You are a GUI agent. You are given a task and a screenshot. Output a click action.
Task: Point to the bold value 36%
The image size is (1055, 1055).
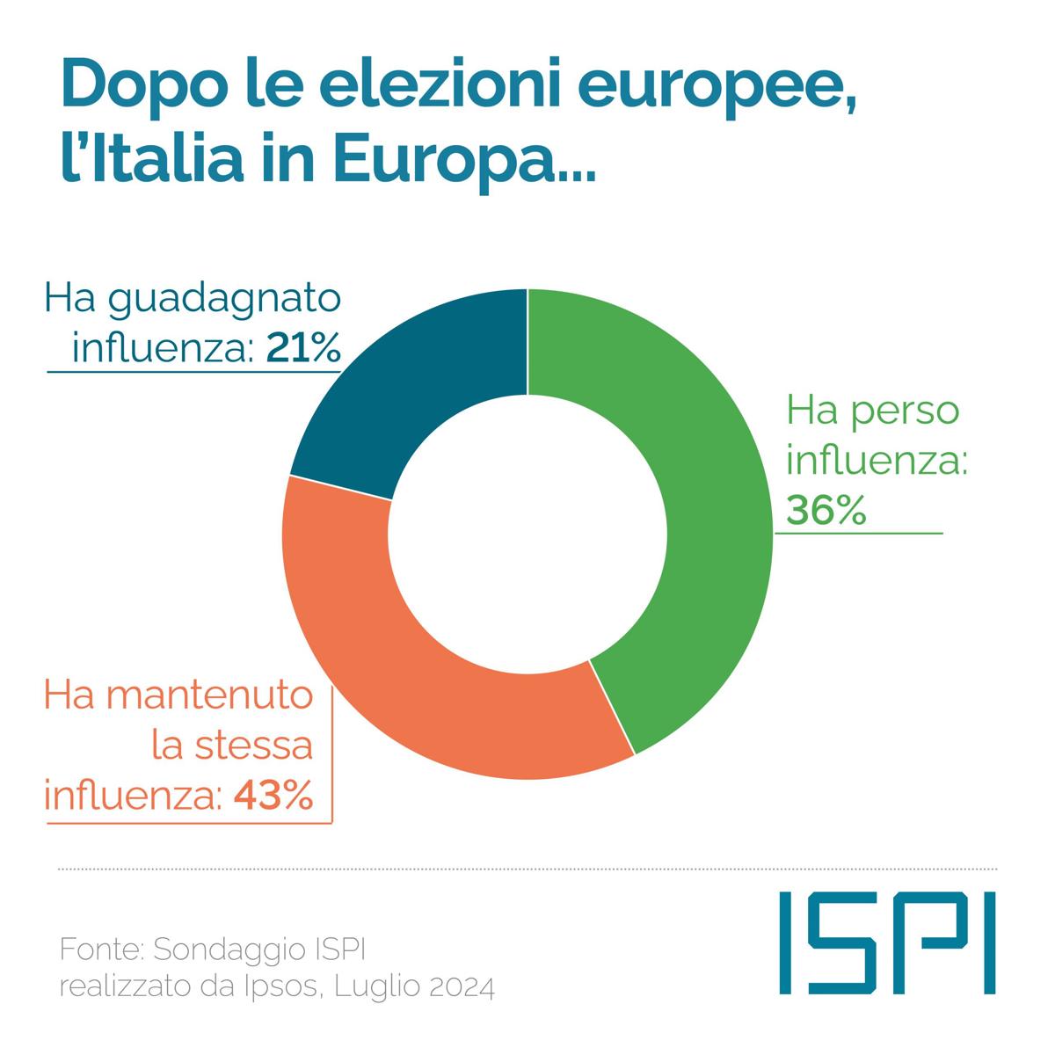826,510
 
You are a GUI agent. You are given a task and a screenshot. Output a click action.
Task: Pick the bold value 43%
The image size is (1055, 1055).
273,797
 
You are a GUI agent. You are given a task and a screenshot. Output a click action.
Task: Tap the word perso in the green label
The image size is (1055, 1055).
906,411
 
